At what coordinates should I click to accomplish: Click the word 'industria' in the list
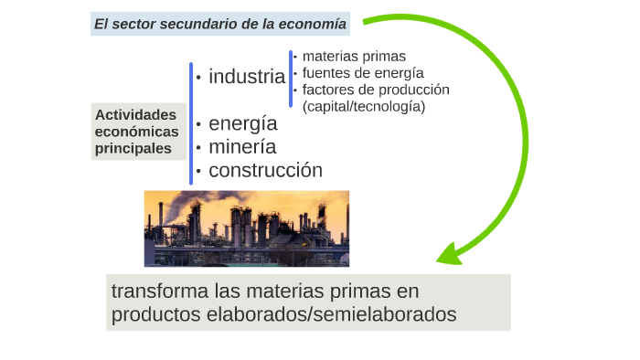point(247,77)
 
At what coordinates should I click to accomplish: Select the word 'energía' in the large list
point(242,124)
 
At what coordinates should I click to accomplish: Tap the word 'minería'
point(242,147)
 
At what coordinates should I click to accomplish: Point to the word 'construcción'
point(265,170)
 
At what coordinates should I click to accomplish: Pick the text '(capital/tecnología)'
point(364,106)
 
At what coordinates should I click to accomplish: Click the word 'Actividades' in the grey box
point(135,115)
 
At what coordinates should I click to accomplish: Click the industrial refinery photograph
point(247,228)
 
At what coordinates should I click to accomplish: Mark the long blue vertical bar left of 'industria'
point(191,122)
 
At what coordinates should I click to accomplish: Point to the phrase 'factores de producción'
point(376,90)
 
